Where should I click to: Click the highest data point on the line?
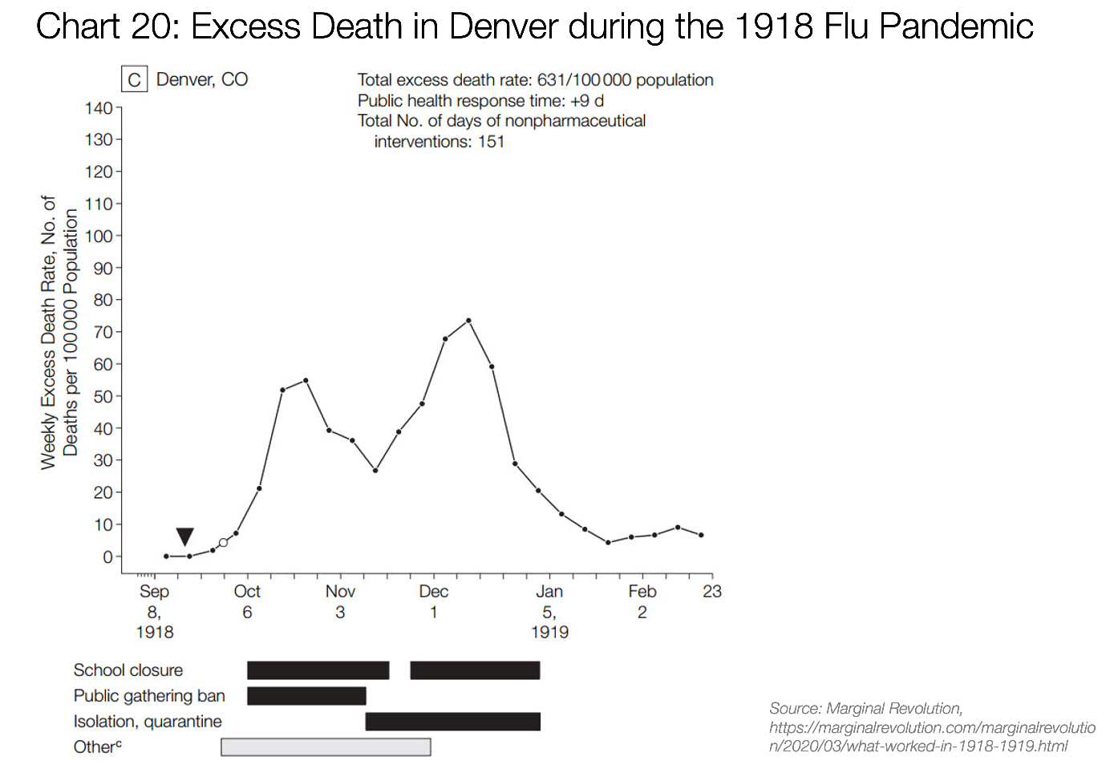pyautogui.click(x=468, y=321)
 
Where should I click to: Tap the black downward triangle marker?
pyautogui.click(x=184, y=536)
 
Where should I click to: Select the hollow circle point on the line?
pyautogui.click(x=223, y=543)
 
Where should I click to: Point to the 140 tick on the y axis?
pyautogui.click(x=99, y=108)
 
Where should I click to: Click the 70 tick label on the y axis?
pyautogui.click(x=103, y=332)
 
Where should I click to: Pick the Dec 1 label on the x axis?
pyautogui.click(x=433, y=601)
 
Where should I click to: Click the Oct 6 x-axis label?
pyautogui.click(x=247, y=601)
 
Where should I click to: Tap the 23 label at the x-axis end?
pyautogui.click(x=712, y=592)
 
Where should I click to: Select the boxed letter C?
pyautogui.click(x=134, y=80)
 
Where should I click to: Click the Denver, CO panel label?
pyautogui.click(x=202, y=79)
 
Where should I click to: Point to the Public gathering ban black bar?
pyautogui.click(x=306, y=696)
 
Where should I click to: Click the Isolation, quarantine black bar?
pyautogui.click(x=452, y=722)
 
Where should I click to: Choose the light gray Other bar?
pyautogui.click(x=326, y=747)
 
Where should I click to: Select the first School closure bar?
pyautogui.click(x=318, y=670)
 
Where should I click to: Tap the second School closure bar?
pyautogui.click(x=475, y=670)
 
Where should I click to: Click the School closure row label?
pyautogui.click(x=128, y=670)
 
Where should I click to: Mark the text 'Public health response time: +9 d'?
pyautogui.click(x=480, y=101)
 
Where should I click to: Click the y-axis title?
pyautogui.click(x=59, y=332)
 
